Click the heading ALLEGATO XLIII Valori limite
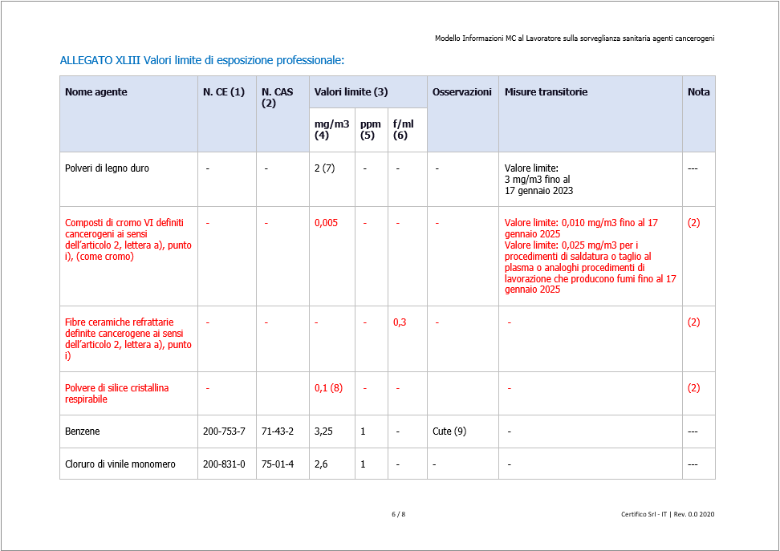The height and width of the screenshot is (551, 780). click(202, 60)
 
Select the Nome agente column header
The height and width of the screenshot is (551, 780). click(95, 92)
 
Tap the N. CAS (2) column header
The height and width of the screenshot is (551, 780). click(277, 97)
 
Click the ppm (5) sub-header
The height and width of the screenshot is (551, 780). click(370, 129)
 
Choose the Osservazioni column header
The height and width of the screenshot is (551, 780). click(461, 92)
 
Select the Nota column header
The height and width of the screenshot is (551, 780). click(698, 92)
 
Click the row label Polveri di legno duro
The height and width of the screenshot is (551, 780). click(107, 168)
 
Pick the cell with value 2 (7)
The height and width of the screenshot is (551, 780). click(325, 168)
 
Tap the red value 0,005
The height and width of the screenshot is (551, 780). click(326, 223)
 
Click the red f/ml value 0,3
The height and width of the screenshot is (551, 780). click(399, 322)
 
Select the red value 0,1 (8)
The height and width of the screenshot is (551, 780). click(328, 388)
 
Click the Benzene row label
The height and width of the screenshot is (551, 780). click(83, 431)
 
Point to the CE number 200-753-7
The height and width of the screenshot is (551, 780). click(224, 431)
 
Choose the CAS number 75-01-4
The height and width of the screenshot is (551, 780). click(278, 464)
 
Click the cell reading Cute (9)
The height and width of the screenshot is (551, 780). click(449, 431)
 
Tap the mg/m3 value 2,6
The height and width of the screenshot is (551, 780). click(321, 464)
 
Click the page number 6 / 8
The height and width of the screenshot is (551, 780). click(398, 514)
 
